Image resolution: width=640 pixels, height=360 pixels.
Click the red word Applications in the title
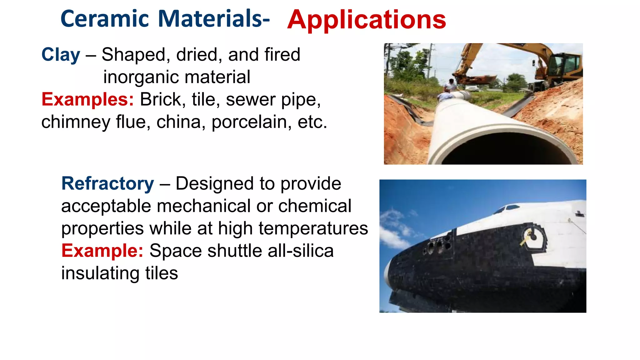tap(366, 20)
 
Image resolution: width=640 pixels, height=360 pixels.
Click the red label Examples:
tap(87, 100)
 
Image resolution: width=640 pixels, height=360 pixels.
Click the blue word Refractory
tap(107, 184)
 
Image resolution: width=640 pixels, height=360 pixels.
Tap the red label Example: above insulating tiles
tap(102, 251)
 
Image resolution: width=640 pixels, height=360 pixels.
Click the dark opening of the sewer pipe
tap(503, 150)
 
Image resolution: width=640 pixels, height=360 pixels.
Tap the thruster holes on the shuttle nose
tap(436, 247)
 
